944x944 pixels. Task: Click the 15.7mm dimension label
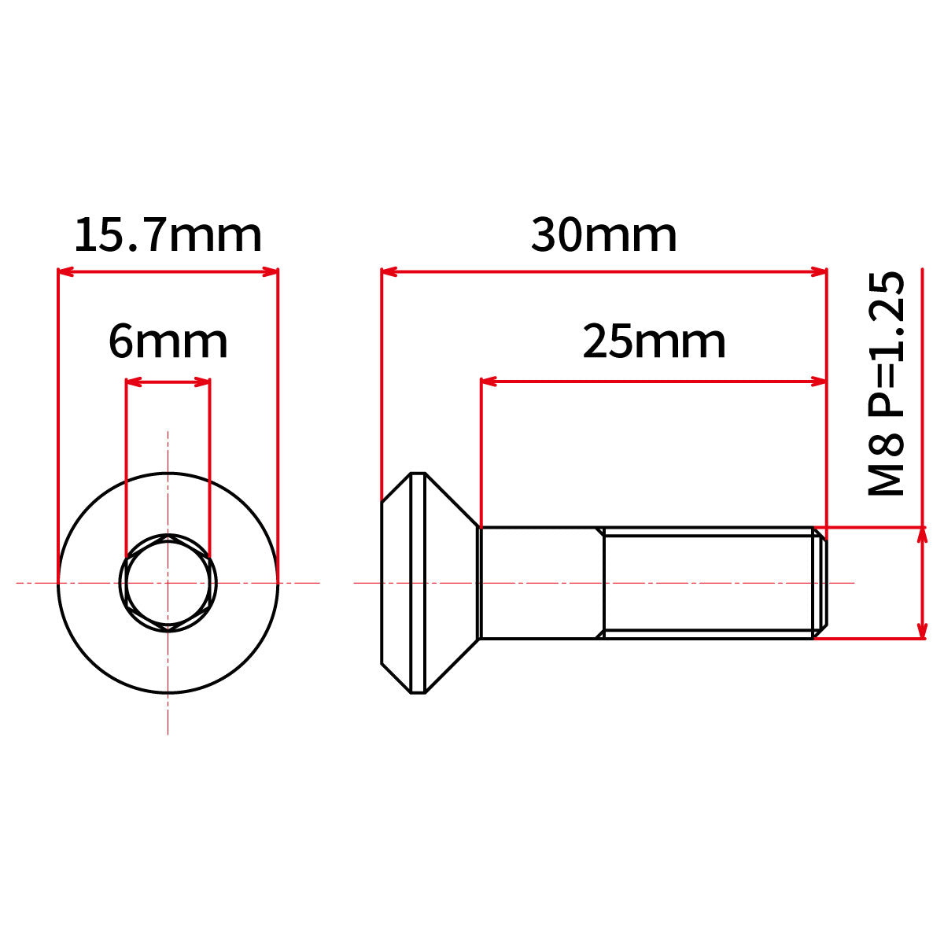click(168, 235)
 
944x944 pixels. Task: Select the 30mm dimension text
click(603, 235)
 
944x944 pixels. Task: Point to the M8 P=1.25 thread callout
click(886, 384)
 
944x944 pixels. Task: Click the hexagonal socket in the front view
click(168, 583)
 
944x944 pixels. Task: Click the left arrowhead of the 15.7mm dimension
click(65, 272)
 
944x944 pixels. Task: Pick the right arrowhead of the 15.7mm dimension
click(271, 272)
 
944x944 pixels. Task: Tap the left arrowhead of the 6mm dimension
click(134, 382)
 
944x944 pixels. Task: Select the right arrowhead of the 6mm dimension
click(202, 382)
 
